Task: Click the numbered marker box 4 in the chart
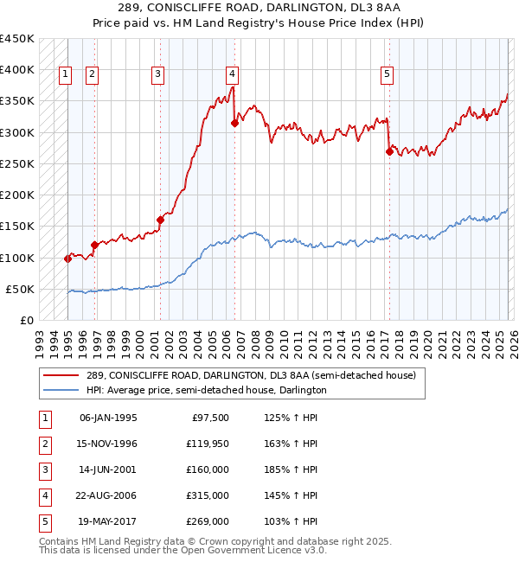pyautogui.click(x=234, y=75)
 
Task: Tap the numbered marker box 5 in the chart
pyautogui.click(x=387, y=75)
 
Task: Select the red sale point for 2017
pyautogui.click(x=389, y=151)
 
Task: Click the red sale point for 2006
pyautogui.click(x=234, y=123)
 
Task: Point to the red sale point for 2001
pyautogui.click(x=160, y=220)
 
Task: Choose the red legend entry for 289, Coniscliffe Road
pyautogui.click(x=251, y=375)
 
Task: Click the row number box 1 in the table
pyautogui.click(x=43, y=418)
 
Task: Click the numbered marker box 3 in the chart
pyautogui.click(x=158, y=75)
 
